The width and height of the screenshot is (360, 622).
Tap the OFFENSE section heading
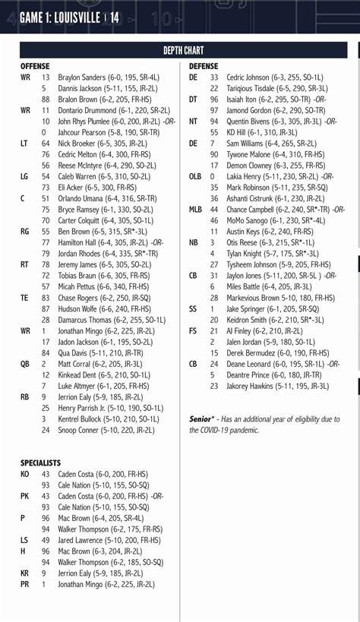click(x=35, y=67)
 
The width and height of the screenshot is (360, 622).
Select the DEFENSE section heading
click(x=203, y=67)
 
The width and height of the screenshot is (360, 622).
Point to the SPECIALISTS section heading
click(x=41, y=462)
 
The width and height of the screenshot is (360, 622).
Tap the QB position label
click(x=25, y=364)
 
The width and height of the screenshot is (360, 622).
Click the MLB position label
click(x=196, y=210)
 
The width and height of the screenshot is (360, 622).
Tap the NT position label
click(x=194, y=122)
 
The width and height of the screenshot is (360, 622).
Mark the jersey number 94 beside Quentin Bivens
click(x=214, y=122)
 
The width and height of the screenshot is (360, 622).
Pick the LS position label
click(x=24, y=540)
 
